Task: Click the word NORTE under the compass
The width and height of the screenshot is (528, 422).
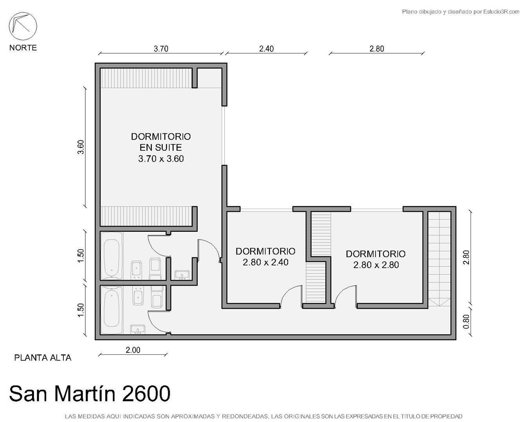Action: [23, 48]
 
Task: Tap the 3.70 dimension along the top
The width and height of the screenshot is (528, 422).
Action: [161, 49]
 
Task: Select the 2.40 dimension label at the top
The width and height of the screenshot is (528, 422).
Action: [266, 49]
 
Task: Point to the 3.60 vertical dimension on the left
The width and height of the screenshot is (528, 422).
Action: [81, 147]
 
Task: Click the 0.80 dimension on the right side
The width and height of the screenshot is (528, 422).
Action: [467, 322]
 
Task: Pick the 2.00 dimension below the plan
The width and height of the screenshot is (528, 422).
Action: [133, 350]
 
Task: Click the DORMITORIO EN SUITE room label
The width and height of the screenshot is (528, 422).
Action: [161, 142]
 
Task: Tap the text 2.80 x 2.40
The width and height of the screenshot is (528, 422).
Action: [266, 262]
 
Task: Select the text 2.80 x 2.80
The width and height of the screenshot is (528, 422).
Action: [376, 265]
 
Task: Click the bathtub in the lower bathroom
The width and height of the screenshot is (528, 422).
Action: [112, 310]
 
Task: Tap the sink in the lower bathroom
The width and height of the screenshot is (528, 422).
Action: [138, 329]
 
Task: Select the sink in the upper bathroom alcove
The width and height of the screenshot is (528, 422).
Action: [182, 275]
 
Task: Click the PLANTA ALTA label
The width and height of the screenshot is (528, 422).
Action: [43, 358]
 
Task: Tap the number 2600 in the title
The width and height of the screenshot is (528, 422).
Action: [146, 394]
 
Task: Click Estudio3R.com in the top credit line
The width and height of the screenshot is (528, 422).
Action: [501, 12]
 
